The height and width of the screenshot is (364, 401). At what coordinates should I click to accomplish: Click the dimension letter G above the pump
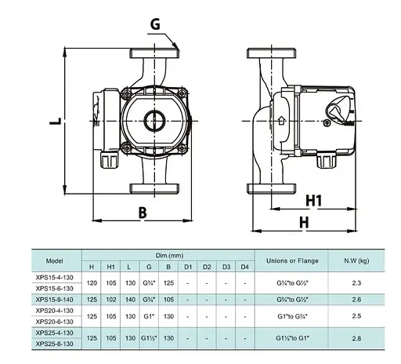[155, 24]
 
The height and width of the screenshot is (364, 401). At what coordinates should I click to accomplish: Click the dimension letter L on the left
[56, 121]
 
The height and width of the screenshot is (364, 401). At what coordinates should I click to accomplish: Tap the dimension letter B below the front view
[143, 213]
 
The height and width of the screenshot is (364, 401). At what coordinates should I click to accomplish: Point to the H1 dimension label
[313, 201]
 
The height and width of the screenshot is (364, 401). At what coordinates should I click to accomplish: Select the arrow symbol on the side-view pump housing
[281, 121]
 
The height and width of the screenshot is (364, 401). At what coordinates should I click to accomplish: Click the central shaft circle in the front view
[154, 121]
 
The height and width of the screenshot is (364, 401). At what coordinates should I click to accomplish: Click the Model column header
[55, 260]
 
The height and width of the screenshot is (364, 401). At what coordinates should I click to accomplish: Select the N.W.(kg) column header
[356, 260]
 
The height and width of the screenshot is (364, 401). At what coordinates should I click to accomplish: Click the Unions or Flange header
[292, 260]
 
